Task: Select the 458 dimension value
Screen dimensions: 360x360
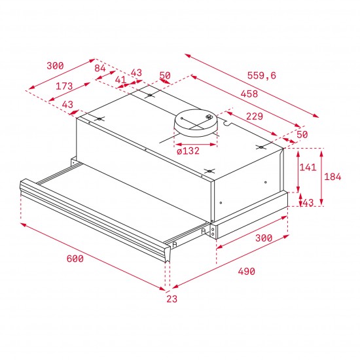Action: [x=248, y=94]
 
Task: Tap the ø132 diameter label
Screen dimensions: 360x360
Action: [x=189, y=151]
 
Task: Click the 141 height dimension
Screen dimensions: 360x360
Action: [x=307, y=168]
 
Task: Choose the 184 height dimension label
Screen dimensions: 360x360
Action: [x=334, y=176]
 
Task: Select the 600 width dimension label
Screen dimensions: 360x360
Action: [x=75, y=259]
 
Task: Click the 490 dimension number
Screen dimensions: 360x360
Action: [x=246, y=271]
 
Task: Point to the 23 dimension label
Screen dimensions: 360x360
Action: [x=171, y=298]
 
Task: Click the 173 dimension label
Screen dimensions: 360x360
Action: [x=63, y=86]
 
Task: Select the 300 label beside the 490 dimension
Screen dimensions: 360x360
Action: [x=262, y=238]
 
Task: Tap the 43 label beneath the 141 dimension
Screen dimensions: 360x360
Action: [x=308, y=203]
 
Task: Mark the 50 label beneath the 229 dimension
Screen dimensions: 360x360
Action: [x=302, y=134]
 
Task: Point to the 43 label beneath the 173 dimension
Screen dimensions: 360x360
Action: [x=67, y=105]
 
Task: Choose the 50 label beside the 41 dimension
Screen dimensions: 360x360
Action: [x=164, y=76]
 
